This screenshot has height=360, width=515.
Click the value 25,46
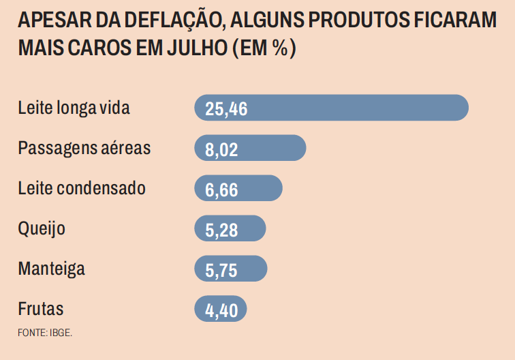pos(225,109)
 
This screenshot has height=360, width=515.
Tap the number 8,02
pos(221,149)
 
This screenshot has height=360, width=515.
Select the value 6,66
pos(221,190)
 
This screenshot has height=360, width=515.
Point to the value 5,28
pos(221,230)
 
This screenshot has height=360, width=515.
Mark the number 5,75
pos(221,270)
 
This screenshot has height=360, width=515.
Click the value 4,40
pos(221,310)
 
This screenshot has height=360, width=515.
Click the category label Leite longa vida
pos(74,108)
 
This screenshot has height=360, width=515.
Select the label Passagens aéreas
pos(84,148)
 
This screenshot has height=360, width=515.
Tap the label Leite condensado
pos(82,188)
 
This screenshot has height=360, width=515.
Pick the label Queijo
pos(42,228)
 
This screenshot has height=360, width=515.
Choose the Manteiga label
pos(52,269)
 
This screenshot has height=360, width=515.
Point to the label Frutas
pos(41,309)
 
